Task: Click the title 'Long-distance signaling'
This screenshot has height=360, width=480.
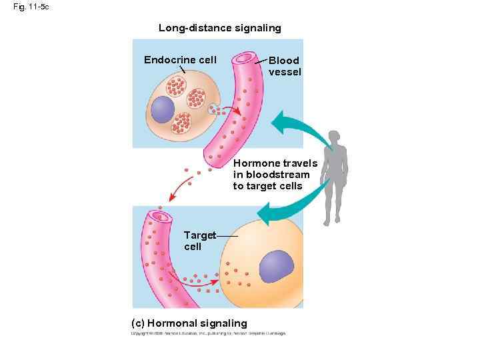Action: [x=219, y=28]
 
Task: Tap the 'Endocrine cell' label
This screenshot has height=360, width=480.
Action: [x=180, y=60]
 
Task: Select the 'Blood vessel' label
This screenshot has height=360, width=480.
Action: [x=285, y=66]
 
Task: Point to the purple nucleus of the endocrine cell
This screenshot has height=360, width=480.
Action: [x=162, y=109]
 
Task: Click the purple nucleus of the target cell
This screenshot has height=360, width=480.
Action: [x=276, y=267]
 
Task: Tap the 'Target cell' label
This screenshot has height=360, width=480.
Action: [x=199, y=241]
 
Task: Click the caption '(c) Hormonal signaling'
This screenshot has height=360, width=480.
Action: [x=190, y=323]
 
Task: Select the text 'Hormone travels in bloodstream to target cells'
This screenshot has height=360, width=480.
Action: [x=275, y=175]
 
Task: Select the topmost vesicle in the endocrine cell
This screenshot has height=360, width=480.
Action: [x=175, y=87]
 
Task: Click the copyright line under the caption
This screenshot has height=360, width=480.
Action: [x=208, y=333]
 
